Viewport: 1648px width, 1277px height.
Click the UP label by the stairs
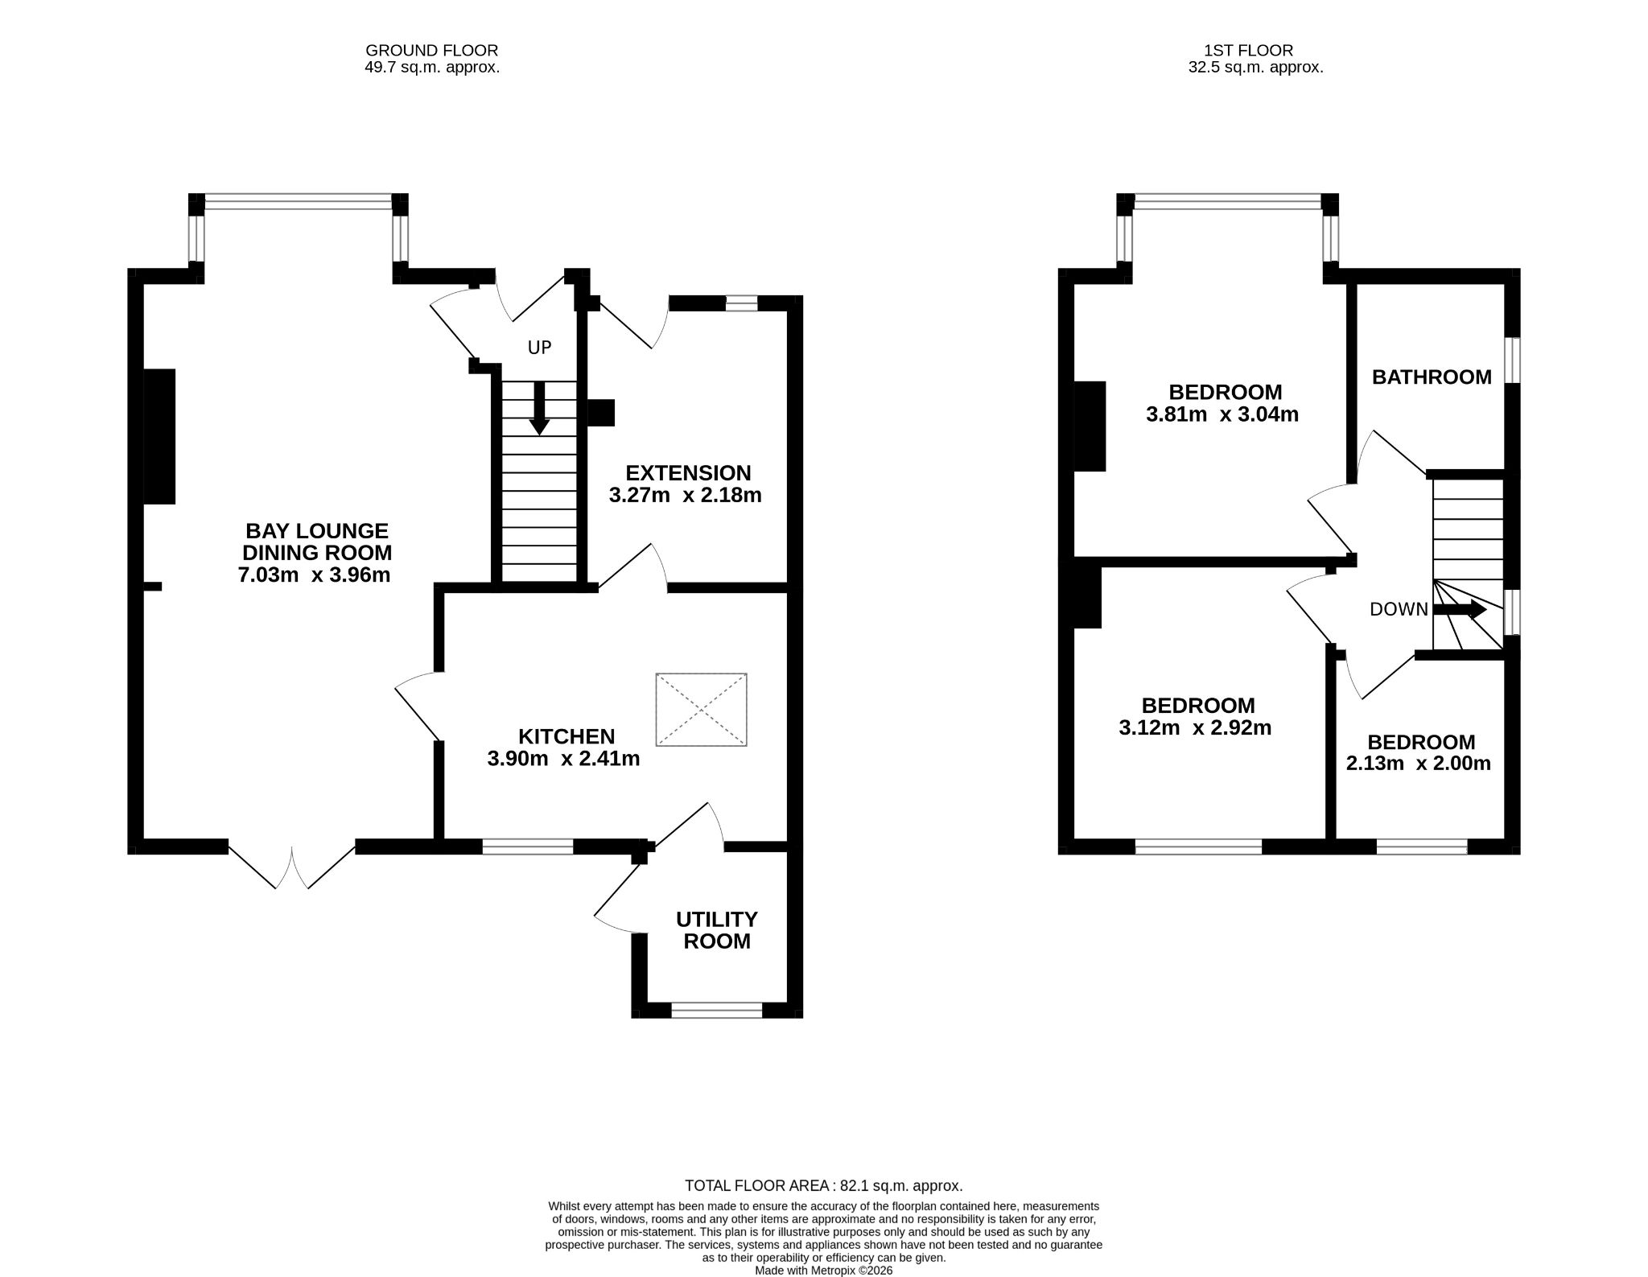[x=539, y=348]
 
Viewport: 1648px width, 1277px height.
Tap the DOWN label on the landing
[x=1399, y=610]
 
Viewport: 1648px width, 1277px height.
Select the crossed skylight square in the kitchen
[x=702, y=710]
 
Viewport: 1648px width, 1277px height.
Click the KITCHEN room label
[x=566, y=736]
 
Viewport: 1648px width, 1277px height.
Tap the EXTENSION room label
[x=688, y=473]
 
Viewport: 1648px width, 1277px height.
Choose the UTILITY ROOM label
[x=717, y=930]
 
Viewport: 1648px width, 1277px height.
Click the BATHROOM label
[x=1432, y=377]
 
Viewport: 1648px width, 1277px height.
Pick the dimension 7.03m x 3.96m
[x=315, y=575]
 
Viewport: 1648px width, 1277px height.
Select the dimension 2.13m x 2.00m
[x=1419, y=764]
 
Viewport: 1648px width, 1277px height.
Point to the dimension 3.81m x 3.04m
[x=1222, y=415]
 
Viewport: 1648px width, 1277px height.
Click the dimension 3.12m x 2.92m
[x=1196, y=728]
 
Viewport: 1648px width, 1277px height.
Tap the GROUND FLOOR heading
[x=432, y=51]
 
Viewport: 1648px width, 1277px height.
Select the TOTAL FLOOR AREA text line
[x=823, y=1185]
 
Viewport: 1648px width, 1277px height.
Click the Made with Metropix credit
[x=823, y=1271]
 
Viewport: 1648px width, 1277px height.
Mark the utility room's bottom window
[x=717, y=1011]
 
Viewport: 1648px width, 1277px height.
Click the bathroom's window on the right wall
[x=1513, y=360]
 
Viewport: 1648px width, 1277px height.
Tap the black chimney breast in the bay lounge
[x=159, y=436]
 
